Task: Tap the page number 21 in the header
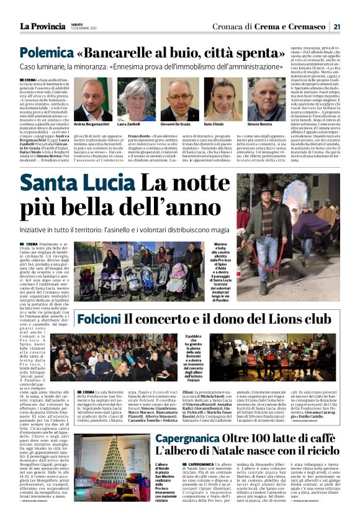click(x=336, y=26)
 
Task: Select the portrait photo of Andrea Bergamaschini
click(x=93, y=99)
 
